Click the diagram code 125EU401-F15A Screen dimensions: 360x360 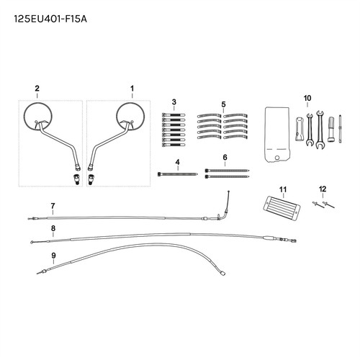pyautogui.click(x=50, y=19)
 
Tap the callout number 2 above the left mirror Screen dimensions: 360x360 pyautogui.click(x=37, y=89)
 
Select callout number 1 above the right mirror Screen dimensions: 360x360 pyautogui.click(x=132, y=89)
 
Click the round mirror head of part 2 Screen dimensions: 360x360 pyautogui.click(x=37, y=117)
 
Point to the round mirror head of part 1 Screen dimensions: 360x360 pyautogui.click(x=130, y=117)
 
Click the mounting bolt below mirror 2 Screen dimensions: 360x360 pyautogui.click(x=76, y=179)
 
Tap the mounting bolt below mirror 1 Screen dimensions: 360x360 pyautogui.click(x=91, y=179)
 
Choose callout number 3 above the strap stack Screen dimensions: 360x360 pyautogui.click(x=174, y=102)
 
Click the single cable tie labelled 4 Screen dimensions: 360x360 pyautogui.click(x=178, y=174)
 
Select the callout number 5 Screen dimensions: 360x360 pyautogui.click(x=224, y=104)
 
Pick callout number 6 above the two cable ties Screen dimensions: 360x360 pyautogui.click(x=225, y=158)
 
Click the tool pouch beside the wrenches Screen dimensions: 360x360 pyautogui.click(x=277, y=135)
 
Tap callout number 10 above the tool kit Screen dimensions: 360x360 pyautogui.click(x=307, y=98)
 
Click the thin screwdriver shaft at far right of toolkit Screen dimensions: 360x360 pyautogui.click(x=340, y=129)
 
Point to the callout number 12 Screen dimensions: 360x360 pyautogui.click(x=323, y=189)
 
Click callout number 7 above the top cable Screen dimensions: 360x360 pyautogui.click(x=53, y=206)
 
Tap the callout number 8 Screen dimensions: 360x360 pyautogui.click(x=53, y=228)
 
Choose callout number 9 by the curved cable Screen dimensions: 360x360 pyautogui.click(x=53, y=255)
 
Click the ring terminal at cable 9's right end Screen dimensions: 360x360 pyautogui.click(x=222, y=273)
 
